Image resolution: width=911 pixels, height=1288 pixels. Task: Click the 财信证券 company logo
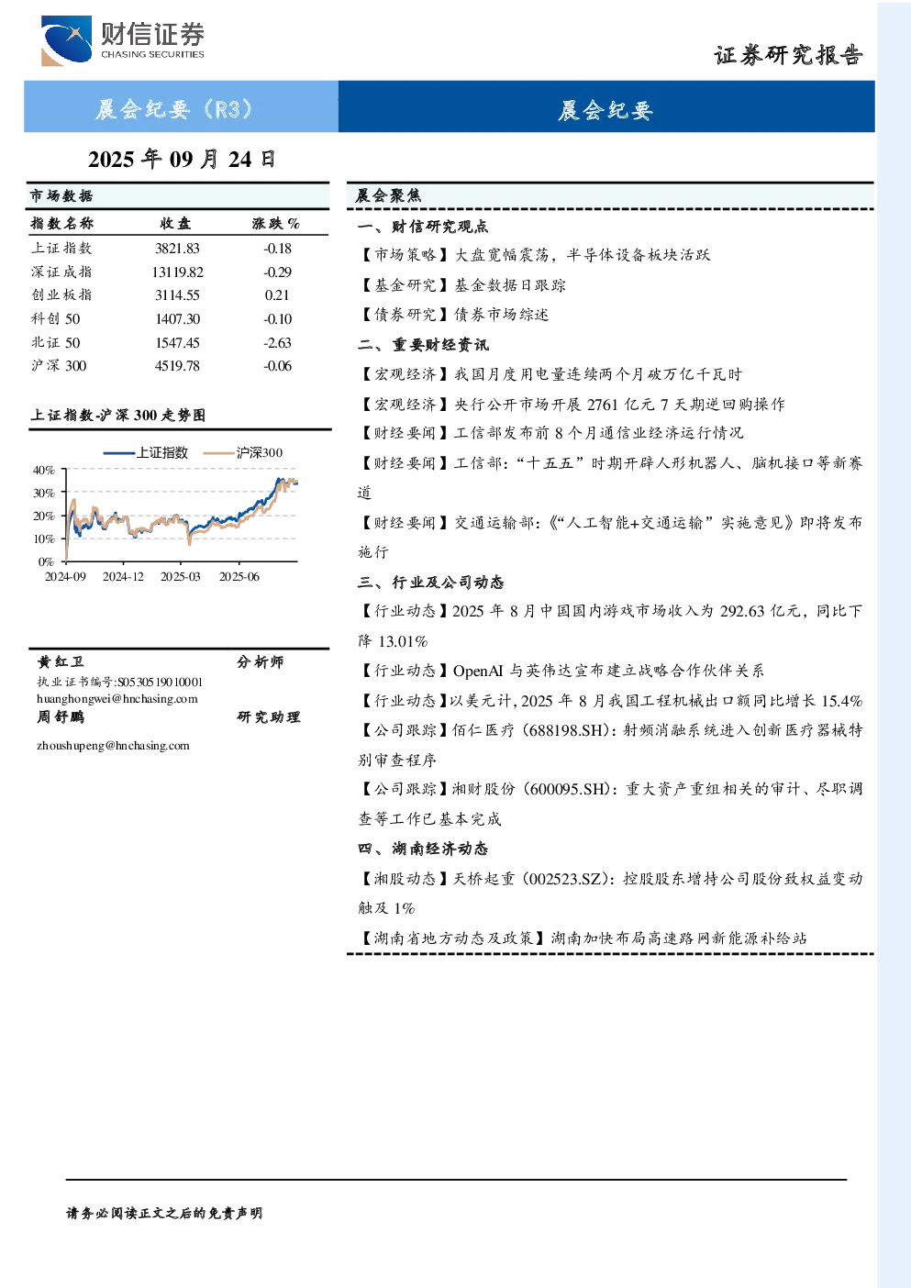tap(123, 41)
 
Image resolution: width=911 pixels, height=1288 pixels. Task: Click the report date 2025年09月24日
tap(182, 160)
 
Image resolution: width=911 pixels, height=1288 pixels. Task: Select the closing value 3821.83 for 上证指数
tap(177, 249)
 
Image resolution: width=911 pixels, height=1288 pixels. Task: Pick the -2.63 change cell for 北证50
tap(277, 343)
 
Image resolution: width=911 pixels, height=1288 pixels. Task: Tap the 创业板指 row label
tap(61, 295)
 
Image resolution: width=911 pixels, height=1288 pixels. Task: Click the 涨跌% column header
tap(276, 224)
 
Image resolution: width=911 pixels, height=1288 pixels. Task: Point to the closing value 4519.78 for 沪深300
tap(177, 366)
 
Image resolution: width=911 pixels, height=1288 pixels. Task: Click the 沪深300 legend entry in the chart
tap(243, 452)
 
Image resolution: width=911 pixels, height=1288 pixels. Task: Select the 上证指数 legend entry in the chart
tap(146, 452)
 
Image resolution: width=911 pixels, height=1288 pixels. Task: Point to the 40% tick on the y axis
tap(44, 471)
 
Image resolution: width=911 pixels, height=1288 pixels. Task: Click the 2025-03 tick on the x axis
tap(181, 577)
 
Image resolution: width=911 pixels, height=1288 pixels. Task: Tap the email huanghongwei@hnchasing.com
tap(117, 699)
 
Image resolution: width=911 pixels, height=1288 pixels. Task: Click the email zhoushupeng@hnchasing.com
tap(113, 746)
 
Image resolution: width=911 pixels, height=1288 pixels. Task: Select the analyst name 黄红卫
tap(61, 662)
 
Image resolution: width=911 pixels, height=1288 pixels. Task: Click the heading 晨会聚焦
tap(389, 196)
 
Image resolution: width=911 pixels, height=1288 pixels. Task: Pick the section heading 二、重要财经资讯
tap(423, 345)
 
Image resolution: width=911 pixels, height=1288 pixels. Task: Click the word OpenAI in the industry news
tap(478, 671)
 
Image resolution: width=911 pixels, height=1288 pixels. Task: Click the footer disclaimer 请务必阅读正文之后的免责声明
tap(164, 1214)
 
